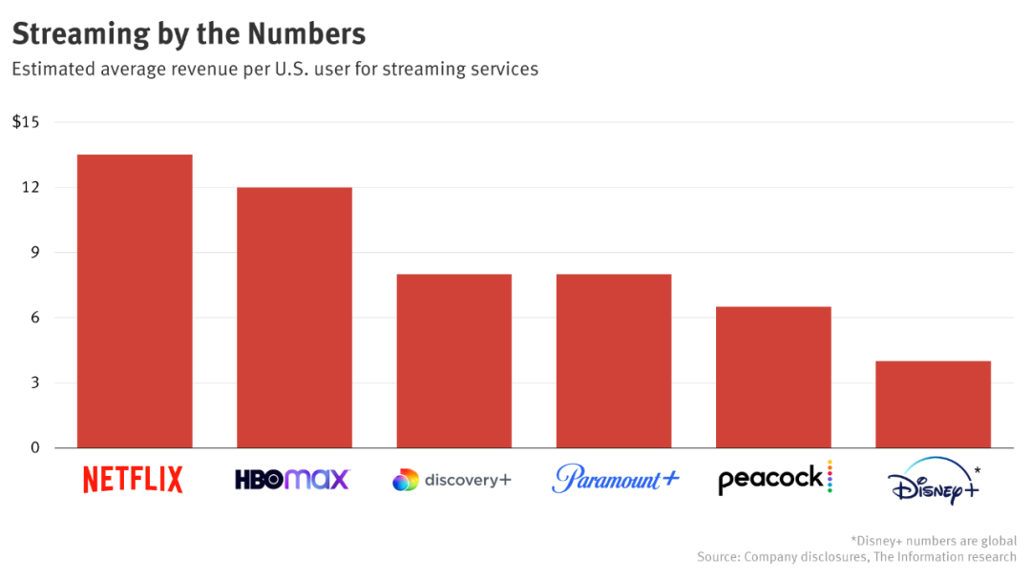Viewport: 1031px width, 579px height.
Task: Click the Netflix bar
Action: pos(135,301)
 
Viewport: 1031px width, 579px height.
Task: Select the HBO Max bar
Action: pos(294,318)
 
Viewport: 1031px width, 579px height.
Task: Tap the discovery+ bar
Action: pos(453,362)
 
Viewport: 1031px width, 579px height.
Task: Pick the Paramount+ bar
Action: pos(614,362)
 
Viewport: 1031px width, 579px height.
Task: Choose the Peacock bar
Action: pos(773,378)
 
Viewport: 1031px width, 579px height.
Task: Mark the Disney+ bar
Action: pos(933,404)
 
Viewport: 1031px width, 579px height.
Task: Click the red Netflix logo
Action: pos(133,479)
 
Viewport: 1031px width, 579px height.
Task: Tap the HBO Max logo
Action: pos(293,479)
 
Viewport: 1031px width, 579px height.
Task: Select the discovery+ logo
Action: pos(452,480)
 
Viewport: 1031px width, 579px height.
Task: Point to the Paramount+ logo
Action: pos(615,478)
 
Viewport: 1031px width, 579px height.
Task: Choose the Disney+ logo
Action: pos(935,485)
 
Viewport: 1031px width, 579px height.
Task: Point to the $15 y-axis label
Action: pos(26,122)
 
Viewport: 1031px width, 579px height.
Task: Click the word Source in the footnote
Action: pos(719,556)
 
